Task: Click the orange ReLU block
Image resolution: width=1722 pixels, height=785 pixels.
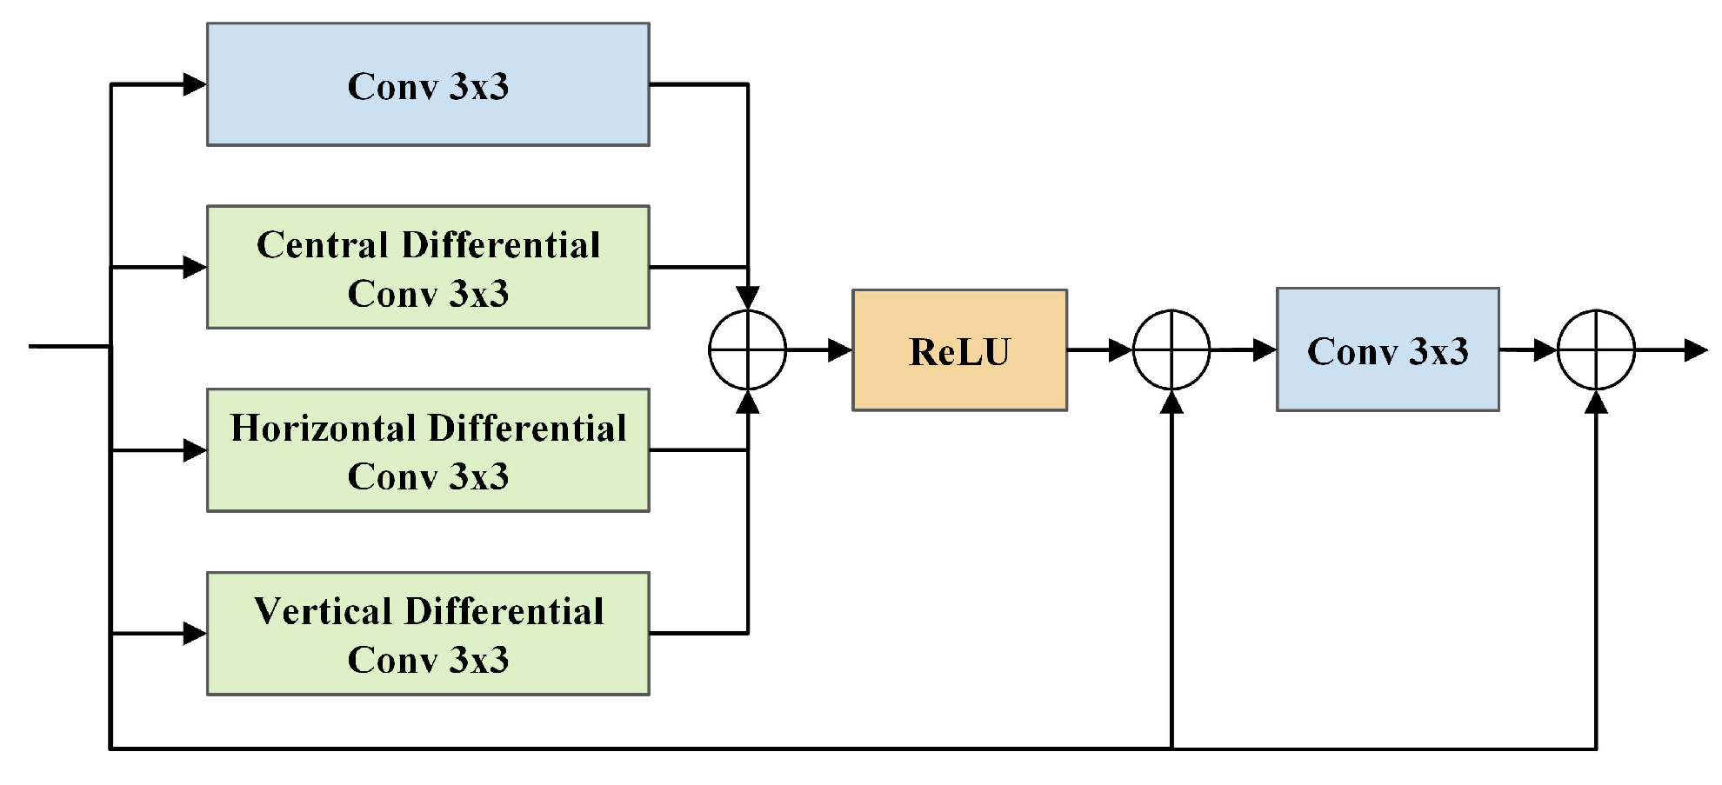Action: pos(959,350)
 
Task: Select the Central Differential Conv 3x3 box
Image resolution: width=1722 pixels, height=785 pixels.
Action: pos(428,267)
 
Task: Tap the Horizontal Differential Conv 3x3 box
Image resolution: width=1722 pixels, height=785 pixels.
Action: pos(428,450)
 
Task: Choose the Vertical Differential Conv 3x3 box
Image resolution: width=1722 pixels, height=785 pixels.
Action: pos(428,634)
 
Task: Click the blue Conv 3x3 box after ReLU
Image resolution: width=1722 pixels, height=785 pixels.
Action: pos(1387,349)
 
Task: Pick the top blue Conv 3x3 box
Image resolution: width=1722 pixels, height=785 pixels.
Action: pos(428,84)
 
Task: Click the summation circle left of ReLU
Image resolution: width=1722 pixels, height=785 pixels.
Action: pos(748,349)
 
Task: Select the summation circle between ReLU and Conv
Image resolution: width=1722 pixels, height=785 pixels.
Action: pos(1171,349)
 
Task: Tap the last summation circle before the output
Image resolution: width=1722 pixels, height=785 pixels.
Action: pos(1596,349)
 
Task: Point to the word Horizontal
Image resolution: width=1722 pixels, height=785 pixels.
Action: pos(323,429)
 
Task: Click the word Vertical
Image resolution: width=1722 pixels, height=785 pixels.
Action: pos(323,612)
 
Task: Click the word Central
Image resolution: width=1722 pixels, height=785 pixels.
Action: pos(322,245)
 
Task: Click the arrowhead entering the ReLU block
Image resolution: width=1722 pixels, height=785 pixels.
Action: pos(839,350)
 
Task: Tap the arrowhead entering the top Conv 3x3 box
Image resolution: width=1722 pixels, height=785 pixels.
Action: pos(195,84)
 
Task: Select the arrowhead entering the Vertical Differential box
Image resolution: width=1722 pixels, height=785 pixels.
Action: pos(195,634)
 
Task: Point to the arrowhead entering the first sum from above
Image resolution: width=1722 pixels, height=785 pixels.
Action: pos(748,298)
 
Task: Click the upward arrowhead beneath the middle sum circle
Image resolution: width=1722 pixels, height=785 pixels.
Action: pos(1171,402)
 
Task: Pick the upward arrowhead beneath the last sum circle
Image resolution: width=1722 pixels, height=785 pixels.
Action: pos(1596,402)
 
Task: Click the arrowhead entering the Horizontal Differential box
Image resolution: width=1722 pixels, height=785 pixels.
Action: pos(195,450)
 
